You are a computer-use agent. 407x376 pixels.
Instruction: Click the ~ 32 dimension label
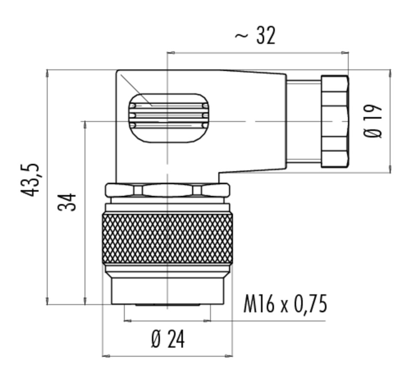[255, 36]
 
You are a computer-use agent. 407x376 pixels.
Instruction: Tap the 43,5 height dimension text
[30, 180]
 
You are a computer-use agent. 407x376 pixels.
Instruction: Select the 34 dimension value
[67, 202]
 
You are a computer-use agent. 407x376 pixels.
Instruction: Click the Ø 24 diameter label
[168, 339]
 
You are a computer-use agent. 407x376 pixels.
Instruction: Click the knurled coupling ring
[168, 239]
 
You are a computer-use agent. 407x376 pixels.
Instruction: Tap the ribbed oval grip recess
[169, 118]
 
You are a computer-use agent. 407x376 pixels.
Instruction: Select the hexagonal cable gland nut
[335, 121]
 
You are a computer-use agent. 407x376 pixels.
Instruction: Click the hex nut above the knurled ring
[168, 190]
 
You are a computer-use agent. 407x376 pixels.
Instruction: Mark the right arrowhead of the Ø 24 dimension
[229, 356]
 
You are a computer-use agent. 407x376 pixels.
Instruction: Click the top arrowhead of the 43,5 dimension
[47, 73]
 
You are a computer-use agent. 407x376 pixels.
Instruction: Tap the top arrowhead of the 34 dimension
[85, 125]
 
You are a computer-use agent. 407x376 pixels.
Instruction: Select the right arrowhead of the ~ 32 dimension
[345, 53]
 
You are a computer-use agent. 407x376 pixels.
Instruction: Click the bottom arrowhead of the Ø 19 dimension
[390, 169]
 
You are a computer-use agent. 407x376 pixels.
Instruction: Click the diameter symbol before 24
[156, 340]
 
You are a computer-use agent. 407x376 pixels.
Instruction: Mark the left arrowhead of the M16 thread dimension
[128, 321]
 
